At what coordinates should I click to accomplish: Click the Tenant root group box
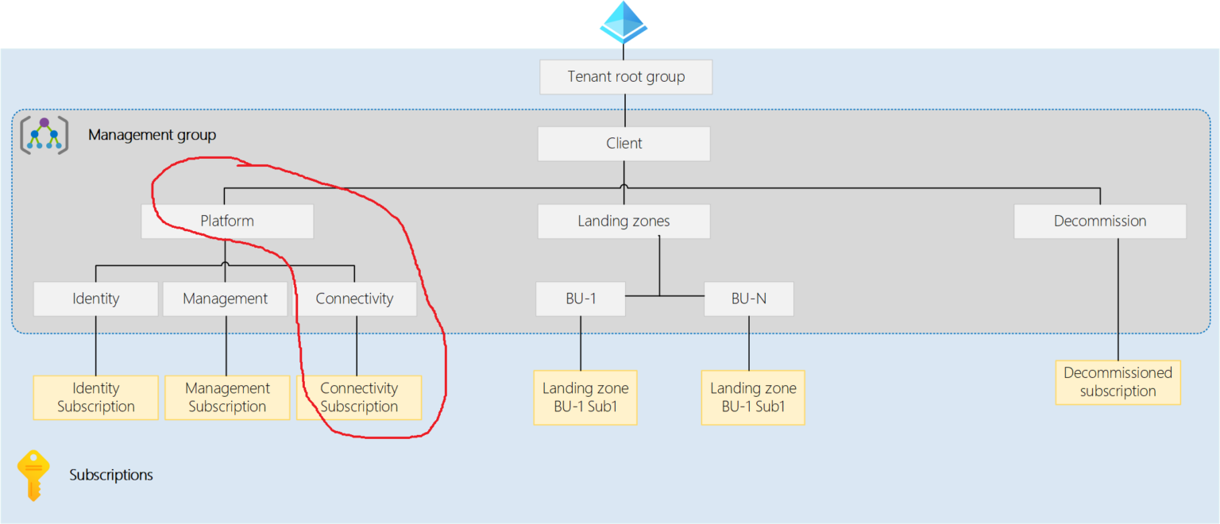click(x=626, y=77)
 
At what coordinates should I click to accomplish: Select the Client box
click(x=624, y=144)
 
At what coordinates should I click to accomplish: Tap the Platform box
click(x=227, y=222)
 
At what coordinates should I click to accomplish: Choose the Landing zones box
click(x=624, y=222)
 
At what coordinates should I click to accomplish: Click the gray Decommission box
click(x=1099, y=222)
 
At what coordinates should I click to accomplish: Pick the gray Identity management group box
click(x=96, y=299)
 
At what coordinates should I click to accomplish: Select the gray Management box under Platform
click(x=226, y=299)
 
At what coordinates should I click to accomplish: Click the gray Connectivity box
click(x=355, y=299)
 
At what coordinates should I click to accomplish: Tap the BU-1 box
click(x=580, y=299)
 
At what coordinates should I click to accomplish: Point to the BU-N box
click(x=748, y=299)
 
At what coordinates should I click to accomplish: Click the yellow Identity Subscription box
click(x=96, y=398)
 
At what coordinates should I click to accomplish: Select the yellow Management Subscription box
click(x=227, y=398)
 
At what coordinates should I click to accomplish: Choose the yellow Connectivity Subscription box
click(x=359, y=398)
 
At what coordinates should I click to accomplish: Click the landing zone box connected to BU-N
click(x=753, y=398)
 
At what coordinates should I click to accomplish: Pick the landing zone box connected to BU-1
click(x=585, y=398)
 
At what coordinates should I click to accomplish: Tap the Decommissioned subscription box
click(x=1118, y=382)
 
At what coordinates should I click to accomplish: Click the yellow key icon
click(x=33, y=475)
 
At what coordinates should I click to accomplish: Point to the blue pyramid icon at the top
click(x=624, y=21)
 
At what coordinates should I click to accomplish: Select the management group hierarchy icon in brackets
click(x=44, y=135)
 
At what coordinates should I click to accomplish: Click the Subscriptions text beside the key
click(x=111, y=476)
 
